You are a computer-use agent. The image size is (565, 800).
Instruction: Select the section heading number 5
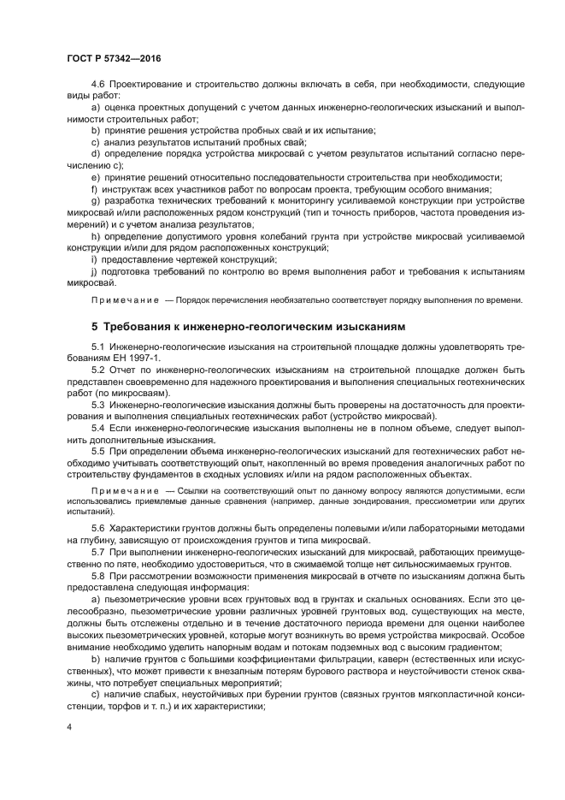95,327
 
